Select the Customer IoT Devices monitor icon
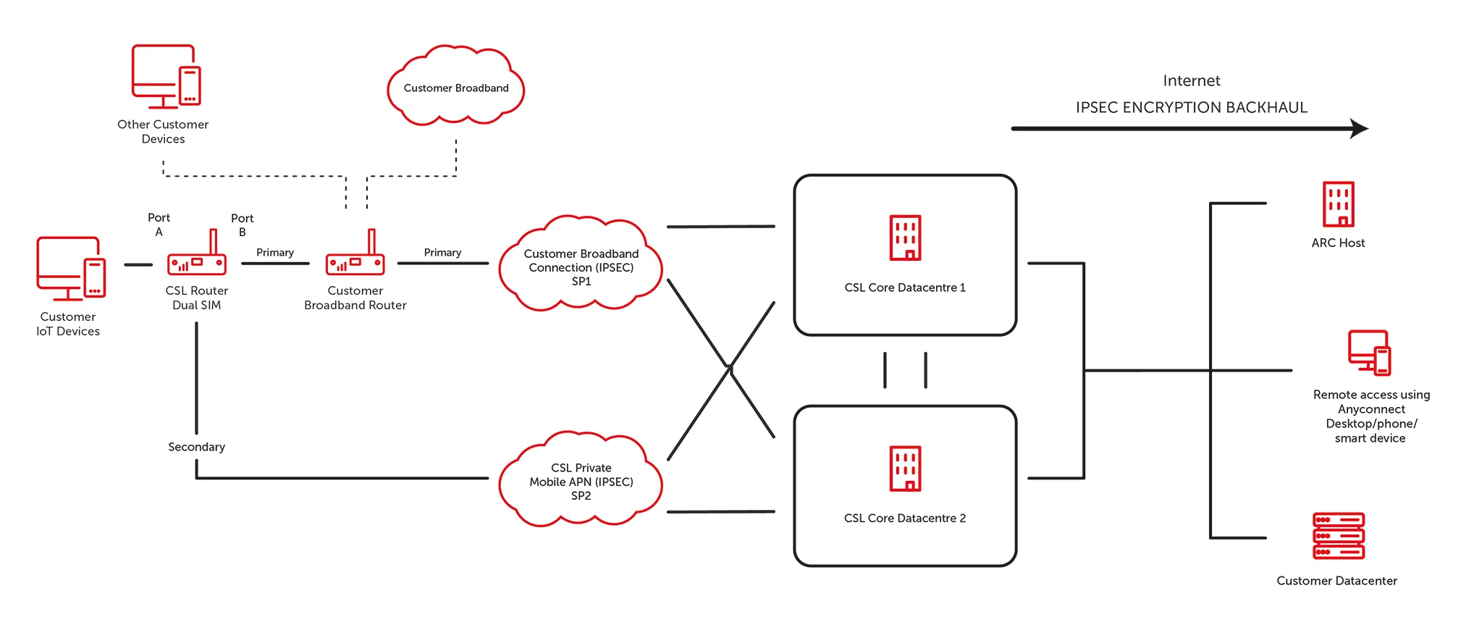[x=70, y=268]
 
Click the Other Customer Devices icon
[x=165, y=77]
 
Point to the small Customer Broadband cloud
[x=455, y=87]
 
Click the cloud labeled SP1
[x=581, y=266]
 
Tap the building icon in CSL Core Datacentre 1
[x=905, y=238]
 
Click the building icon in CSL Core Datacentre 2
[x=905, y=469]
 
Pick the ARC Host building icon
[x=1338, y=204]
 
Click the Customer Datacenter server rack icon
[x=1338, y=536]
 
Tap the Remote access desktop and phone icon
[x=1369, y=353]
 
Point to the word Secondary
[x=196, y=447]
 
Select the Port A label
[x=159, y=225]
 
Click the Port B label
[x=242, y=225]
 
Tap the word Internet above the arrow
[x=1191, y=80]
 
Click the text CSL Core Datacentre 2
[x=904, y=518]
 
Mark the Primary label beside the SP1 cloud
[x=442, y=252]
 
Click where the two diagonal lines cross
[x=730, y=368]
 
